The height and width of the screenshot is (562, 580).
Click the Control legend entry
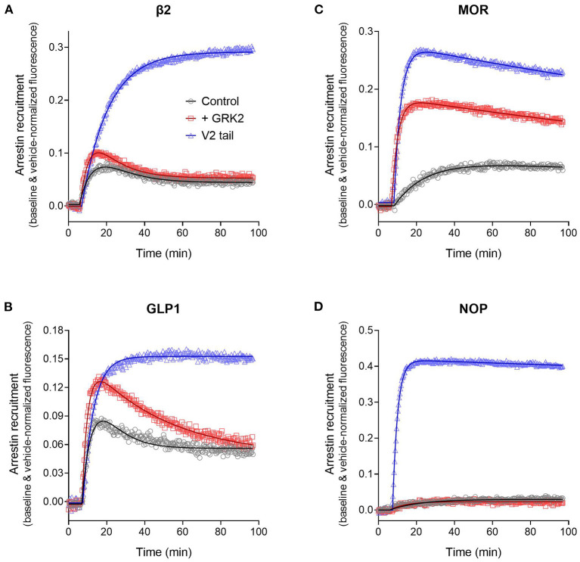pyautogui.click(x=219, y=101)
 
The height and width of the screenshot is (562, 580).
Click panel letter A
pyautogui.click(x=7, y=8)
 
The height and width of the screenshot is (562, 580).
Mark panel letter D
pyautogui.click(x=315, y=308)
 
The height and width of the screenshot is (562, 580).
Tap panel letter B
pyautogui.click(x=7, y=308)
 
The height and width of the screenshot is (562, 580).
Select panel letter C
pyautogui.click(x=315, y=8)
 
